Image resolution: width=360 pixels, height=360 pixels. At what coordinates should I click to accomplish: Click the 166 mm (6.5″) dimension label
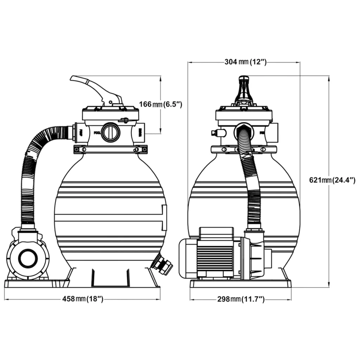(x=160, y=104)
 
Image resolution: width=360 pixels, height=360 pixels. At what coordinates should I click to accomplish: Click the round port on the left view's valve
(x=111, y=132)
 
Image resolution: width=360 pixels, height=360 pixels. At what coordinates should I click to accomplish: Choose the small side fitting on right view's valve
(x=215, y=133)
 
